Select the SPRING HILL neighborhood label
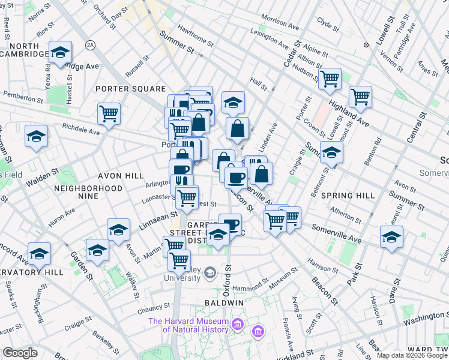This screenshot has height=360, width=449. pyautogui.click(x=348, y=196)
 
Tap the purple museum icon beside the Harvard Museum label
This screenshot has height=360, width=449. pyautogui.click(x=238, y=325)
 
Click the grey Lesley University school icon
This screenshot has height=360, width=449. pyautogui.click(x=209, y=273)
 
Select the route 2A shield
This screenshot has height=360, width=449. pyautogui.click(x=91, y=45)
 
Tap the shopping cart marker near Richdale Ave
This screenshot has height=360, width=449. pyautogui.click(x=109, y=113)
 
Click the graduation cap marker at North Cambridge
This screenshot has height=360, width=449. pyautogui.click(x=61, y=52)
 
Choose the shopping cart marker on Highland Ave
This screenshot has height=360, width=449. pyautogui.click(x=360, y=95)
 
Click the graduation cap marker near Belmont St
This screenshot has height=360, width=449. pyautogui.click(x=331, y=152)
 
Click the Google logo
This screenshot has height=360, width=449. pyautogui.click(x=20, y=353)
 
